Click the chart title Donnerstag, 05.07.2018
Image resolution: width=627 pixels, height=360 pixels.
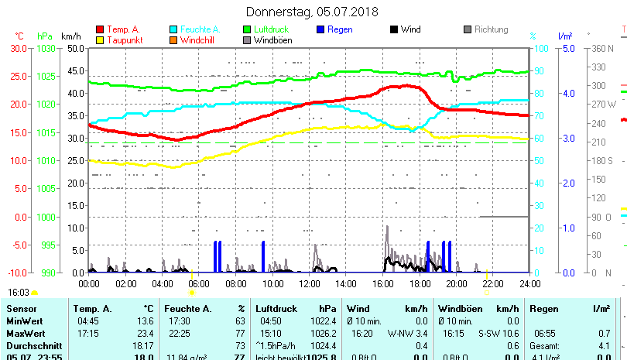point(312,12)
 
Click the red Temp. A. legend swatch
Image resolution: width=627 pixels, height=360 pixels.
point(99,29)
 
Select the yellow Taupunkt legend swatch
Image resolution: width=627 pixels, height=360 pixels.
point(99,39)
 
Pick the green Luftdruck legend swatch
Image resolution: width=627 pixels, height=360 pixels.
point(247,29)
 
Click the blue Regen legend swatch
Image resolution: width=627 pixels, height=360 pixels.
point(321,29)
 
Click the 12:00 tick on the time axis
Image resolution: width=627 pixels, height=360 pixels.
point(309,283)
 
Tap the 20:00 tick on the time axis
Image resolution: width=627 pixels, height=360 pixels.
point(456,283)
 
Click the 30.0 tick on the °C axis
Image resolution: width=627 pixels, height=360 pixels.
point(18,48)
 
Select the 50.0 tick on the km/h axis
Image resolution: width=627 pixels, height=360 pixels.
point(76,48)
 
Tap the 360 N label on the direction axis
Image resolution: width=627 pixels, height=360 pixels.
point(603,48)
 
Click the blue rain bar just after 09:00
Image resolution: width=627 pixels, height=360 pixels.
point(263,256)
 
